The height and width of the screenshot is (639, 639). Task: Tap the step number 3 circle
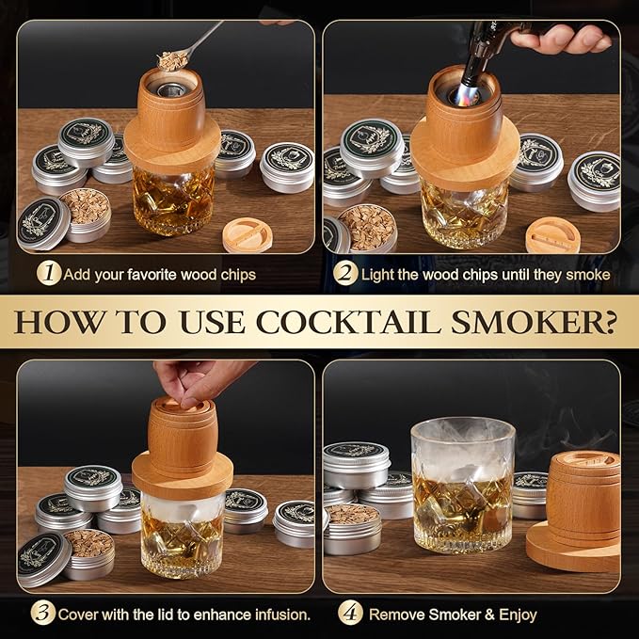[x=42, y=614]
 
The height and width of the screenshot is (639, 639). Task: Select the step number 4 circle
[x=351, y=614]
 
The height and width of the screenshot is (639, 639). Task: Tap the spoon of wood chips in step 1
[x=175, y=58]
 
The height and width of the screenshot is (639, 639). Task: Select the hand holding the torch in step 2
[x=565, y=39]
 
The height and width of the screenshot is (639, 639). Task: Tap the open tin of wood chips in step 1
[x=86, y=212]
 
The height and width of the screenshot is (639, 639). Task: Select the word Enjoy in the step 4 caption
[x=517, y=615]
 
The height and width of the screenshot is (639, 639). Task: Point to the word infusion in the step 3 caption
[x=283, y=615]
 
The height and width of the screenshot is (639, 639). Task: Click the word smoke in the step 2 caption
[x=589, y=275]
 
